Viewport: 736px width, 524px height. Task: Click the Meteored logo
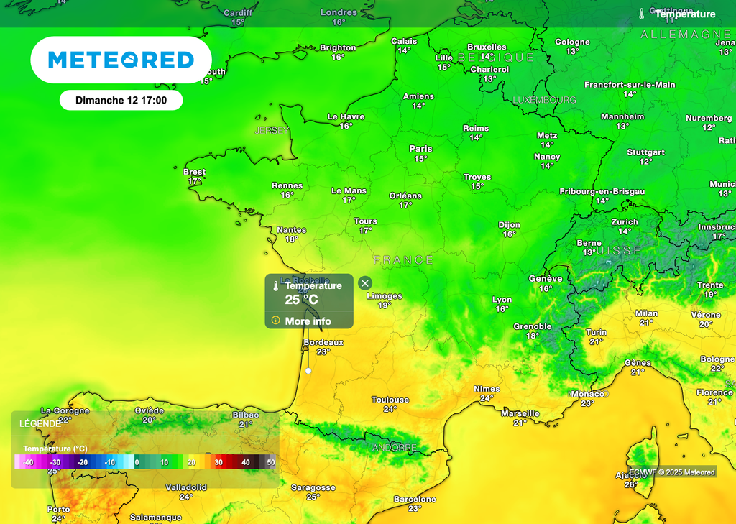[121, 60]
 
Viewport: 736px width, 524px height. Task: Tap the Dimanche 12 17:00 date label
[121, 101]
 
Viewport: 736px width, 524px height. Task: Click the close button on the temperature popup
[364, 283]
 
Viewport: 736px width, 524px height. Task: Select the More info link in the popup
[308, 321]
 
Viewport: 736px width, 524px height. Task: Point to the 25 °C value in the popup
[301, 300]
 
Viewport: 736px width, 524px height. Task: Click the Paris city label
[420, 149]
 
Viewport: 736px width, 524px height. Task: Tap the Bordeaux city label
[323, 342]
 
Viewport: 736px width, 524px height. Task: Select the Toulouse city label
[390, 400]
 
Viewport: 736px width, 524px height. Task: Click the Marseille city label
[520, 413]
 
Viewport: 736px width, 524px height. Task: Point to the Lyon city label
[502, 300]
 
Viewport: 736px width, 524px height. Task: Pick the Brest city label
[194, 172]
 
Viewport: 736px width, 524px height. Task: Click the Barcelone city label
[415, 499]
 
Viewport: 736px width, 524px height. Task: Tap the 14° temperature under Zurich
[625, 231]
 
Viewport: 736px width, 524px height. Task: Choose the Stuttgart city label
[645, 152]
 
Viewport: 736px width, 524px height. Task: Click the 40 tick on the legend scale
[246, 462]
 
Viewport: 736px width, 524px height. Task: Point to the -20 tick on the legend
[83, 462]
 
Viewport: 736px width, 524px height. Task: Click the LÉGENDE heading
[40, 423]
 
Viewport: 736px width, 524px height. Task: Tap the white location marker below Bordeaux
[308, 371]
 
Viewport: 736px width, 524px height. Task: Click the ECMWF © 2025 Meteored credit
[672, 472]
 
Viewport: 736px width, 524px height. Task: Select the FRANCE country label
[403, 259]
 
